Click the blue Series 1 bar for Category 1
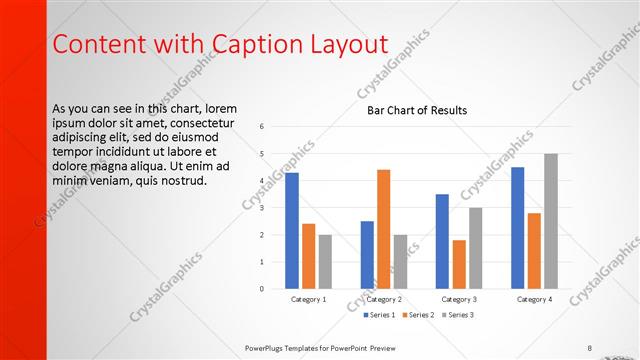coord(292,231)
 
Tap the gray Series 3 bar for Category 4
coord(551,221)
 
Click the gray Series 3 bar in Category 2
coord(401,262)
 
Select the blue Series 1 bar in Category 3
coord(442,241)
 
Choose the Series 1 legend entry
coord(379,315)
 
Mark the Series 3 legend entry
coord(456,315)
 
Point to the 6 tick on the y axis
coord(261,127)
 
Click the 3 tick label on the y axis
coord(261,208)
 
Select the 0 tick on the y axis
coord(261,289)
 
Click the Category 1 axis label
coord(308,299)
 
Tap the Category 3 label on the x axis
coord(459,299)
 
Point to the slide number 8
coord(590,348)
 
